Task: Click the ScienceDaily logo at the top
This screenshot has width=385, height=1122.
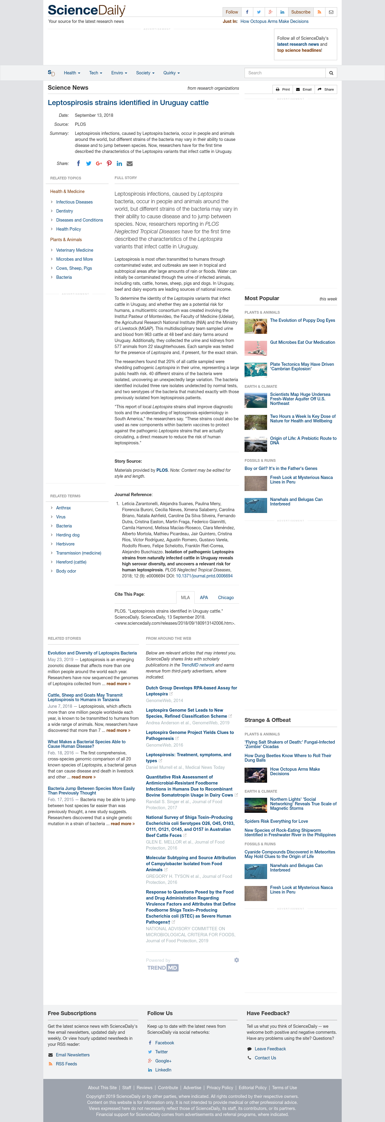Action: [x=87, y=11]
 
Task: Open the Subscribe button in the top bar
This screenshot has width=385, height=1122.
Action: [x=300, y=12]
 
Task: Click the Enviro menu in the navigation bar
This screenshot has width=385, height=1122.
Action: [x=119, y=73]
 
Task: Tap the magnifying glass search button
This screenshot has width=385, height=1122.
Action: [x=331, y=73]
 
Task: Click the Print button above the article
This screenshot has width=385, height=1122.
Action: [x=283, y=89]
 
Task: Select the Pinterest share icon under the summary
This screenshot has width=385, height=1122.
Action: [x=109, y=164]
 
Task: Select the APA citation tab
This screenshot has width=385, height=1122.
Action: [x=204, y=598]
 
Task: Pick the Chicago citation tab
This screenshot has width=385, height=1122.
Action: [x=226, y=598]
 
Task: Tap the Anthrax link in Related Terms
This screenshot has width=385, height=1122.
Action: [x=63, y=508]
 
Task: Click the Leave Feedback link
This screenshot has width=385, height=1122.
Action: [x=270, y=1049]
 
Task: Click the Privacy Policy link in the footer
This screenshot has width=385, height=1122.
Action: [x=220, y=1088]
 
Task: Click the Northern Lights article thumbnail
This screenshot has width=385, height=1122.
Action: [x=256, y=805]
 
